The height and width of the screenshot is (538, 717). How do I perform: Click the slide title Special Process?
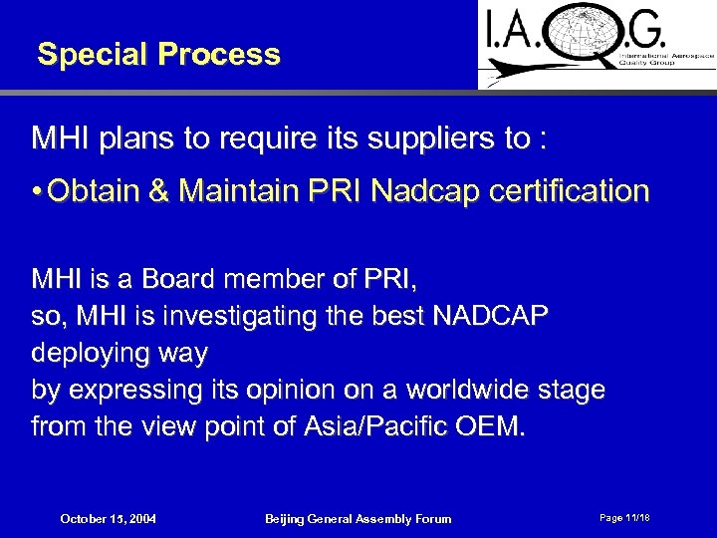point(158,54)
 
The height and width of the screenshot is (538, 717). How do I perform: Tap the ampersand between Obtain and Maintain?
point(160,191)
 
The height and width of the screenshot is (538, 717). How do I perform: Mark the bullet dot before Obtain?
point(37,192)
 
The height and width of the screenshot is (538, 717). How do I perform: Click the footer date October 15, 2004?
point(109,518)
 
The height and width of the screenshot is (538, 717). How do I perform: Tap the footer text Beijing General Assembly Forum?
point(358,518)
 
